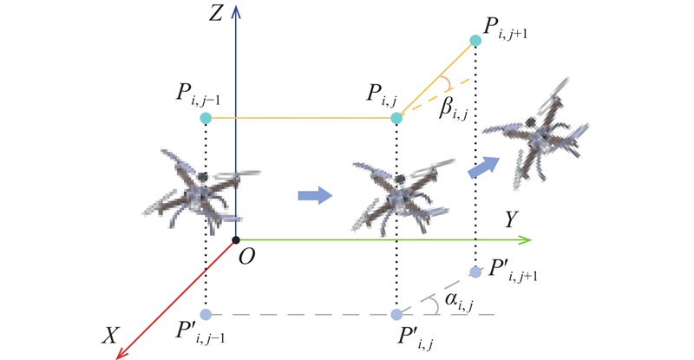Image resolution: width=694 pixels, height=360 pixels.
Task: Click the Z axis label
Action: (x=215, y=14)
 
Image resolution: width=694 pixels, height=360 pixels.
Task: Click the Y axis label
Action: (x=511, y=219)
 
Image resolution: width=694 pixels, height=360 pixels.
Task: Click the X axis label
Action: (x=110, y=336)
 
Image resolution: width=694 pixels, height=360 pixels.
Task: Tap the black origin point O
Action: (x=236, y=240)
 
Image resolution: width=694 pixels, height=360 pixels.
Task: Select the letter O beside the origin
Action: (x=246, y=257)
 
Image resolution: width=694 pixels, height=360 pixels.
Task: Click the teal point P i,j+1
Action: (x=475, y=41)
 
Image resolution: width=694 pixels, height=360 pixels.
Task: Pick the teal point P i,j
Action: (x=396, y=118)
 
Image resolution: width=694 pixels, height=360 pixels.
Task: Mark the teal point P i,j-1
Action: (x=206, y=118)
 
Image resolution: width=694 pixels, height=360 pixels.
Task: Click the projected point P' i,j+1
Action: (x=475, y=272)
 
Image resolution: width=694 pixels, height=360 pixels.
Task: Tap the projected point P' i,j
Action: (x=396, y=314)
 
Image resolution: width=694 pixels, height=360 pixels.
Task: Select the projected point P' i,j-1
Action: (x=206, y=314)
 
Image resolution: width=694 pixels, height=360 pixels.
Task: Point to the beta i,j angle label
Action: (x=452, y=110)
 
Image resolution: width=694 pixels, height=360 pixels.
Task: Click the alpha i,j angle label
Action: (x=459, y=301)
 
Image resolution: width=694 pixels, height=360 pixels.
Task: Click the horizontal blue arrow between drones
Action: (x=315, y=195)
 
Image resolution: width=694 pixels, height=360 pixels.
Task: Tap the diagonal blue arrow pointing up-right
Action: (x=484, y=167)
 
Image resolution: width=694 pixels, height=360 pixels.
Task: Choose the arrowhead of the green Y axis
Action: (x=525, y=240)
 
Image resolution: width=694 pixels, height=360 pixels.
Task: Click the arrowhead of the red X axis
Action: (x=121, y=353)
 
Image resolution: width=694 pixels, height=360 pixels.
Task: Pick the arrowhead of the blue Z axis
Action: (x=236, y=11)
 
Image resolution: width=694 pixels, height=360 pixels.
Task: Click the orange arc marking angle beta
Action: (x=448, y=83)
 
